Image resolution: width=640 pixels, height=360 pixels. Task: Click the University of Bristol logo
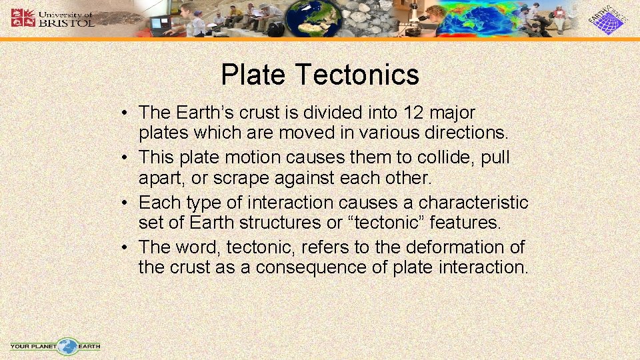(52, 18)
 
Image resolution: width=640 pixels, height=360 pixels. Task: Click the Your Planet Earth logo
(55, 346)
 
